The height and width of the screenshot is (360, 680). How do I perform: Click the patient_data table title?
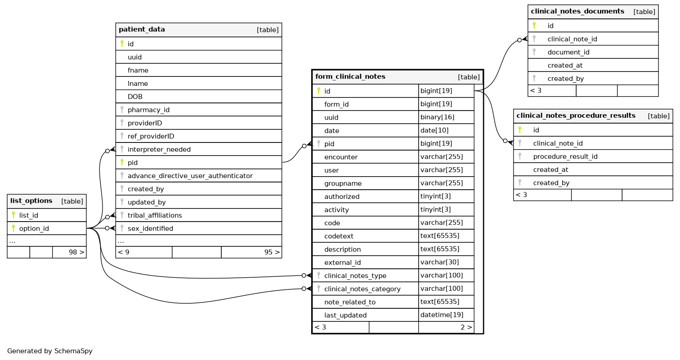point(142,30)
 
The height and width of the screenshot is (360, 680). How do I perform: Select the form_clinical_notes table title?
point(350,77)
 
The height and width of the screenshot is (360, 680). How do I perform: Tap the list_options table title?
point(31,201)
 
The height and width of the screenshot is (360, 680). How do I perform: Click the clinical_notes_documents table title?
point(577,11)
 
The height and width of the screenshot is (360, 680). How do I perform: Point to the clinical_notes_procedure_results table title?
point(576,116)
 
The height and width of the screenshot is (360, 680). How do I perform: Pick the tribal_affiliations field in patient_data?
point(155,215)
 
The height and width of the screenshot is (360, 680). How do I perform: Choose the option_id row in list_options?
point(34,228)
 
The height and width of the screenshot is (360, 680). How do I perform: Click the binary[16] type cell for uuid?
point(437,117)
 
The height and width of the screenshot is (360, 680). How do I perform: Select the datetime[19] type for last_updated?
point(442,315)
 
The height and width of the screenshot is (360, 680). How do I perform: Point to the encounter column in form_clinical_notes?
point(340,157)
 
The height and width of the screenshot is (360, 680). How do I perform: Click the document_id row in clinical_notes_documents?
point(568,52)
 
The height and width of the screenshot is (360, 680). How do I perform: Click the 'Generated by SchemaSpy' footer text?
point(50,351)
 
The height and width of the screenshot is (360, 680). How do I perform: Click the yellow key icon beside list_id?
point(13,215)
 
